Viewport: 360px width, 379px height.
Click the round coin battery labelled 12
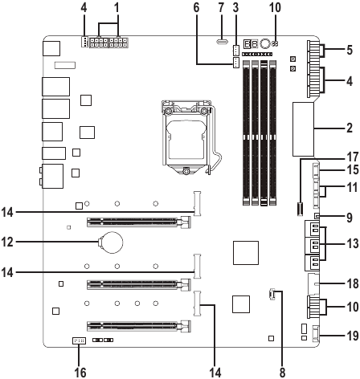111,242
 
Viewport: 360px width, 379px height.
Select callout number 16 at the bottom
80,372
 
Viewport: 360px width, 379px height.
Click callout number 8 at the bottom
282,372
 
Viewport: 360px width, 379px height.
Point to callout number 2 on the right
350,128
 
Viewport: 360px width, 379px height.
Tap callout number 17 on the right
353,157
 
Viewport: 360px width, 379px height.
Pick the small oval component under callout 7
222,42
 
